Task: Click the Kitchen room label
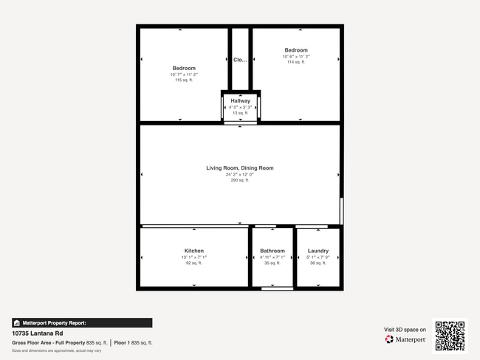194,251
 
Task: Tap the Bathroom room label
272,251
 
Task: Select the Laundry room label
318,251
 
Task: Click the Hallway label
240,100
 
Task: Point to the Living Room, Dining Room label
240,168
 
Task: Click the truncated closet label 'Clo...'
240,60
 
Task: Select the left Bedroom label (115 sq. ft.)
184,68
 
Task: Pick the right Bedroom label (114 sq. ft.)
296,50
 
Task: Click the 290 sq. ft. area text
240,180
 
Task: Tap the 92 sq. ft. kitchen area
194,263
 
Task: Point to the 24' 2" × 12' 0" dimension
240,174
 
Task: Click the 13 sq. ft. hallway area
240,113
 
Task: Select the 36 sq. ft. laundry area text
318,263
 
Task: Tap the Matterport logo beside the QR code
405,339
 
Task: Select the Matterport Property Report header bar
82,322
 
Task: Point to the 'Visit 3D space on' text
405,330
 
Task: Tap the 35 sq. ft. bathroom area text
272,263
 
